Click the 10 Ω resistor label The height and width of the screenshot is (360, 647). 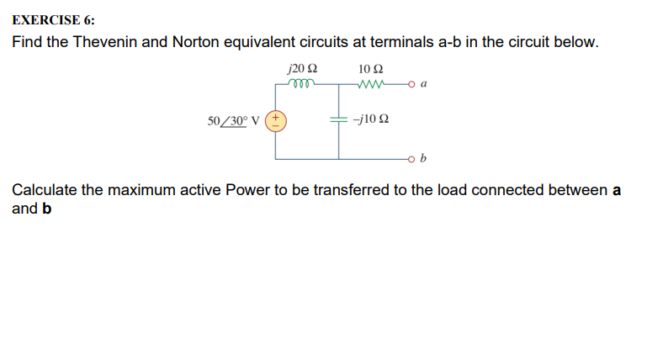pos(370,68)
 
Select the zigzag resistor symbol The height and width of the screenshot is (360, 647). pos(370,83)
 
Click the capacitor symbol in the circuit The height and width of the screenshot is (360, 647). pos(339,120)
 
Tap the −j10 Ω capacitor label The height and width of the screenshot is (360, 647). pos(371,121)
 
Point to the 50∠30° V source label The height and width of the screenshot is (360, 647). pos(235,121)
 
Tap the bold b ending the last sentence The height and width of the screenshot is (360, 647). pos(46,209)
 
